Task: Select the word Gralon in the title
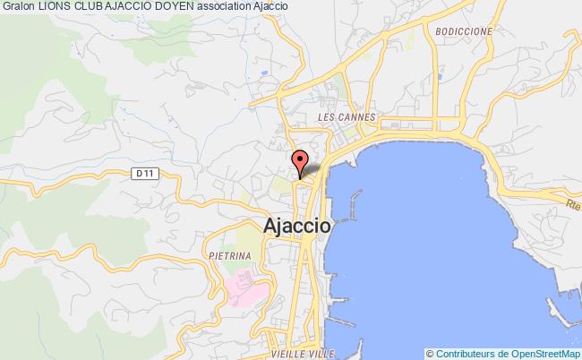18,8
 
